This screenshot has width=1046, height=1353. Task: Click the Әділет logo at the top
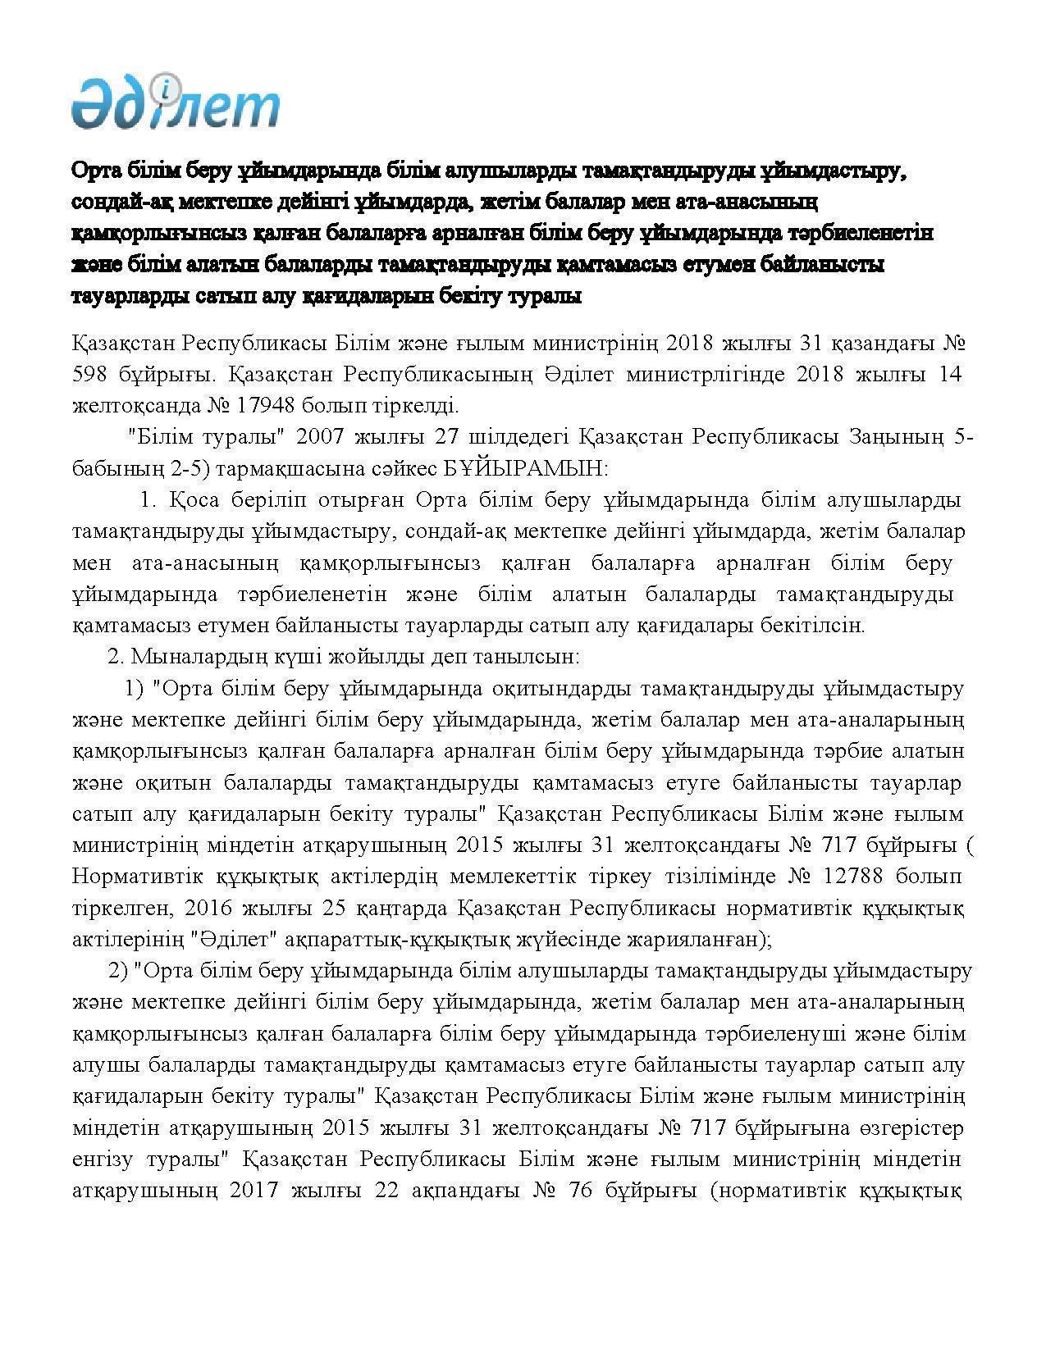(175, 102)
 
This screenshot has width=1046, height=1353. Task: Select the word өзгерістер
(907, 1127)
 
